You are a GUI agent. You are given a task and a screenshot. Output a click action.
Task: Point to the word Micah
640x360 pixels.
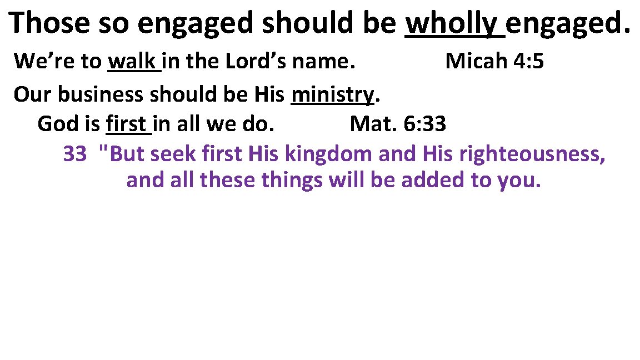click(476, 62)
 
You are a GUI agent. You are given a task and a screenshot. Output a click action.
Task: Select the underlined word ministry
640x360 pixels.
click(332, 96)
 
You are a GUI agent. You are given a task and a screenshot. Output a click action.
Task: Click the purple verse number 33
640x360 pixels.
click(74, 154)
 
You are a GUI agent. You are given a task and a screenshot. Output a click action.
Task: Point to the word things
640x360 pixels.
click(288, 181)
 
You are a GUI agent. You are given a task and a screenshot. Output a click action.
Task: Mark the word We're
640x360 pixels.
click(36, 62)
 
